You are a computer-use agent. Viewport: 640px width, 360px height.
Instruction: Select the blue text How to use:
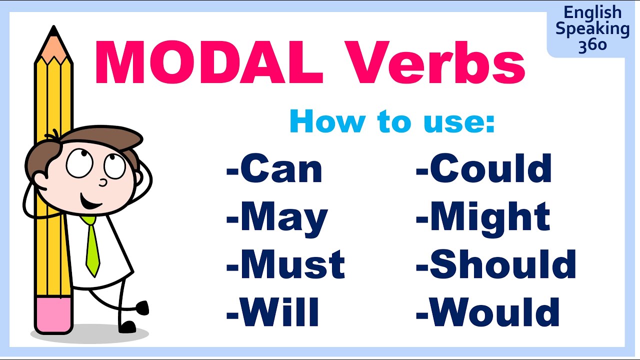(392, 121)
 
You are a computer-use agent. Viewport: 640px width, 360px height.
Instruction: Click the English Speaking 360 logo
(592, 28)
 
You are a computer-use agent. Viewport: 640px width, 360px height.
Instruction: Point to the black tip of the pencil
(53, 31)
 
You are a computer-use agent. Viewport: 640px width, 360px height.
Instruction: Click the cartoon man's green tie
(92, 245)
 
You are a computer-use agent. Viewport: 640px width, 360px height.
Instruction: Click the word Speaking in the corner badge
(592, 28)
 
